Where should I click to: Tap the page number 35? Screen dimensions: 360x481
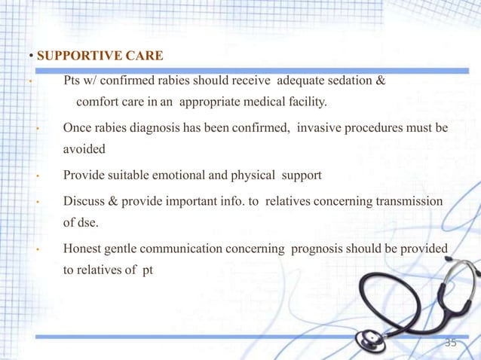pyautogui.click(x=451, y=343)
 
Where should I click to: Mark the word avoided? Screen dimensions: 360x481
pyautogui.click(x=84, y=149)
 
